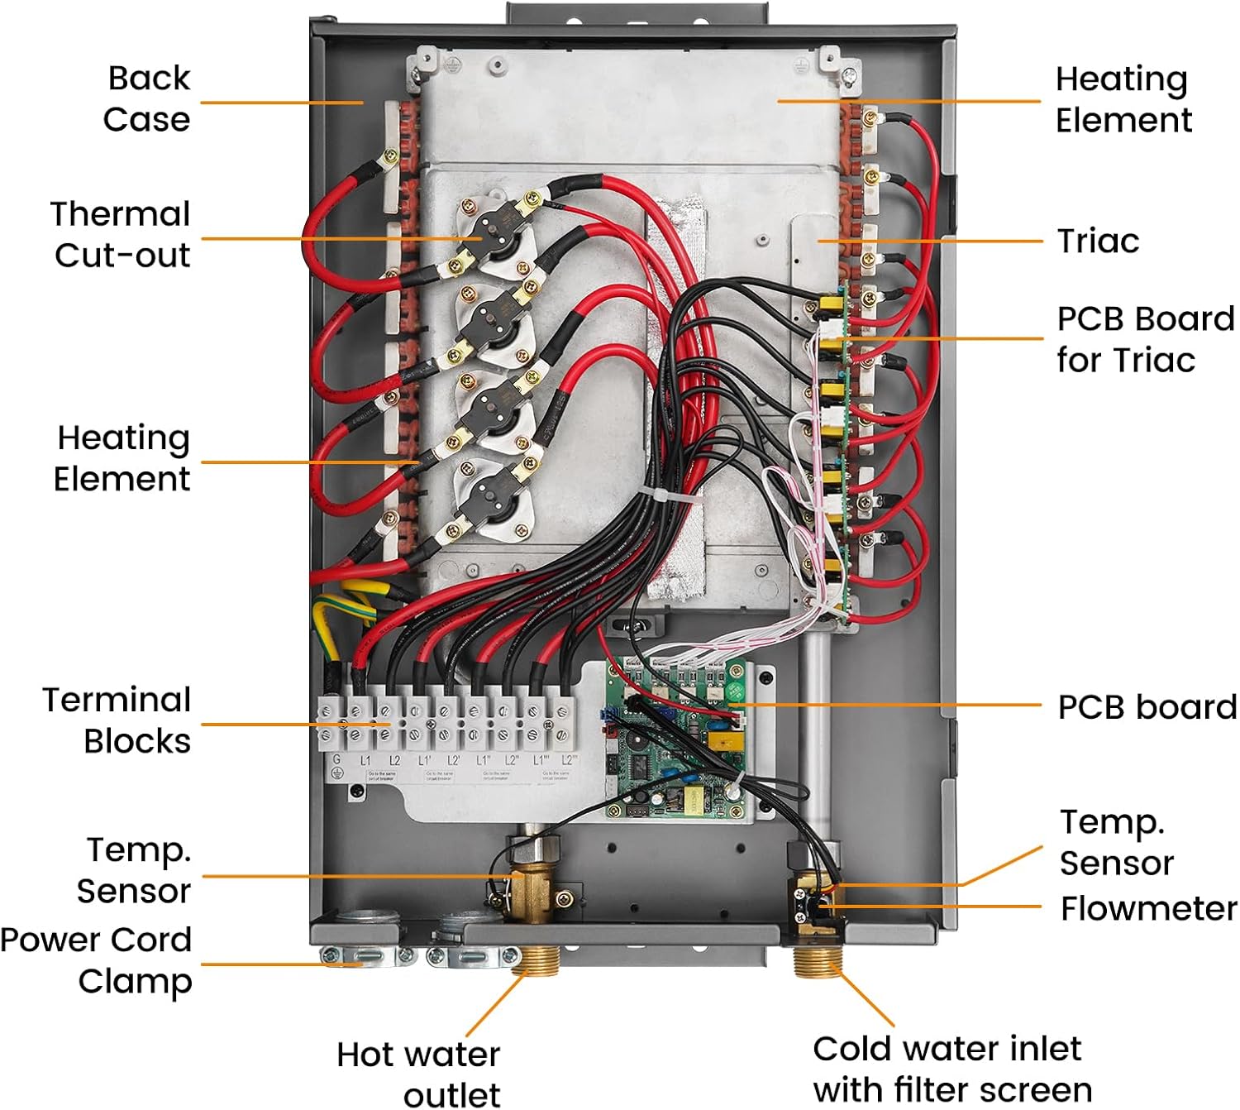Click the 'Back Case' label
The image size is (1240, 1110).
click(x=146, y=98)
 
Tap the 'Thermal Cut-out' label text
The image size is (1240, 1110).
click(x=122, y=234)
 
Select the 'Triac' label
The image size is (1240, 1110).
click(x=1098, y=241)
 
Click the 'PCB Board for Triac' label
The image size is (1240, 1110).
click(x=1144, y=339)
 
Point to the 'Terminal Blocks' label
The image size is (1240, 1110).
click(x=117, y=720)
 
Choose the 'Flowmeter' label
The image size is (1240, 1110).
click(x=1148, y=908)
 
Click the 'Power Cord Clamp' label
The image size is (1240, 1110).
click(x=97, y=960)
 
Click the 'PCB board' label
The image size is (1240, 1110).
click(x=1147, y=707)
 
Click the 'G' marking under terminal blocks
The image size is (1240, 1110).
click(x=336, y=760)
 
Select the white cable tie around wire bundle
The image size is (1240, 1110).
click(x=669, y=495)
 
